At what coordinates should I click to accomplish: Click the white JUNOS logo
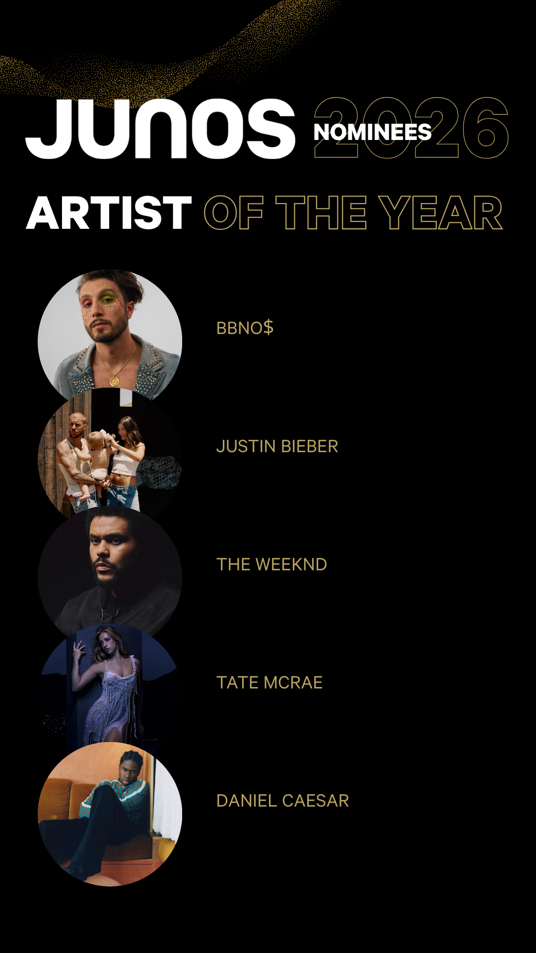tap(160, 129)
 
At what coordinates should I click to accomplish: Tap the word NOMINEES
tap(372, 132)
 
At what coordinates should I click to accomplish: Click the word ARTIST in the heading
tap(109, 213)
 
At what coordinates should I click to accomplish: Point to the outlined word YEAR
tap(441, 213)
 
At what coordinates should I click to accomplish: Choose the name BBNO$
tap(245, 328)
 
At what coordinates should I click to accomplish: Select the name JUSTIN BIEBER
tap(277, 446)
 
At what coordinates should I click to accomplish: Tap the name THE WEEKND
tap(271, 564)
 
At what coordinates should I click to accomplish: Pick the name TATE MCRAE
tap(269, 682)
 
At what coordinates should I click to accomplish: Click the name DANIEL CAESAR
tap(282, 801)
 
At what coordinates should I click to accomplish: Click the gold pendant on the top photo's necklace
tap(114, 381)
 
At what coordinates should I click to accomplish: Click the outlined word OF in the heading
tap(233, 213)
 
